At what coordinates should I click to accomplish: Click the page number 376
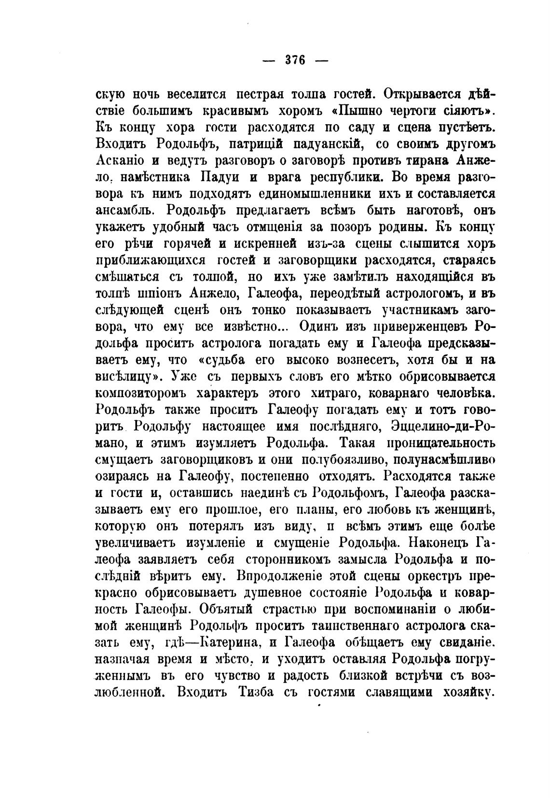295,61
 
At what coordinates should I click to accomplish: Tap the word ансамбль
126,211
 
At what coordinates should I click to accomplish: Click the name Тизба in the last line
257,692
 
